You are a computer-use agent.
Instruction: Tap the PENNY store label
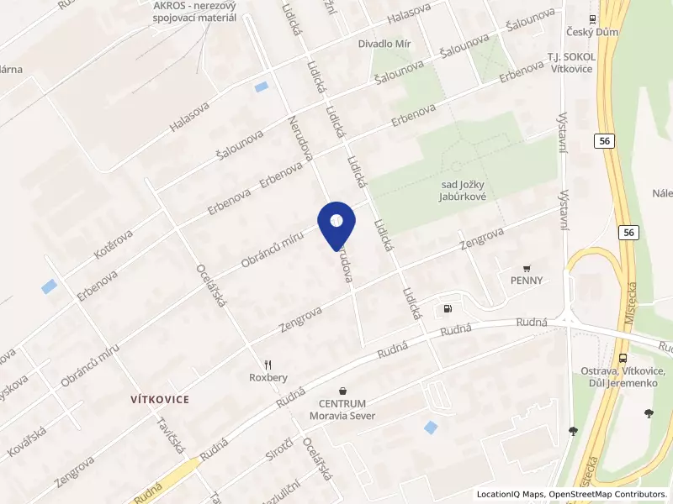[526, 281]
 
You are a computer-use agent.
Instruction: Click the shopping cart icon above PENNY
[527, 268]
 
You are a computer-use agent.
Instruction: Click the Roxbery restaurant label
[268, 377]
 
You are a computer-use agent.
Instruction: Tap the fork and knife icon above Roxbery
[268, 365]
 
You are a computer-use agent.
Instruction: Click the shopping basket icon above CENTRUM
[342, 391]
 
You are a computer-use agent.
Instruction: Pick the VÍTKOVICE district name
[159, 398]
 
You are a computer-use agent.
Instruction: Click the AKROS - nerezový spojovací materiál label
[194, 12]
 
